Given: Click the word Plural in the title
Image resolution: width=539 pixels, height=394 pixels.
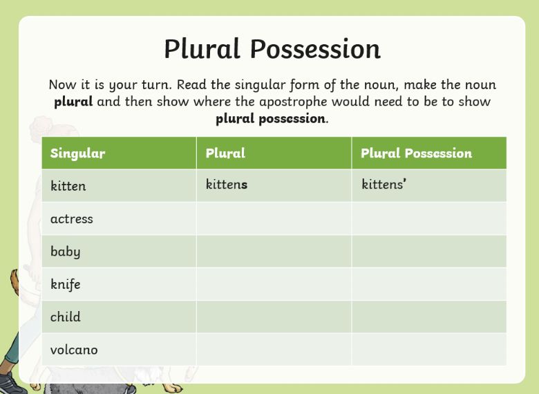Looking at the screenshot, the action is (202, 48).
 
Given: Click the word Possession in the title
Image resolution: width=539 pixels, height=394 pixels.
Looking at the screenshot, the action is (315, 48).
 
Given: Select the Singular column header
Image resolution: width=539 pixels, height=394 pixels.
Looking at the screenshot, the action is (77, 153).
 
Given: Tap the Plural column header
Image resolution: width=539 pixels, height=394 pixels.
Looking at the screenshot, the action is (225, 153).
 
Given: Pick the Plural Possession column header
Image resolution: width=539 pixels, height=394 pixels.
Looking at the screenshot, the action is (416, 153).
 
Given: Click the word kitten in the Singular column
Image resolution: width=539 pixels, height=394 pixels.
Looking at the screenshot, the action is (68, 186).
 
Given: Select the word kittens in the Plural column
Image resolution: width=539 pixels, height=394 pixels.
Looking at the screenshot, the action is (227, 184).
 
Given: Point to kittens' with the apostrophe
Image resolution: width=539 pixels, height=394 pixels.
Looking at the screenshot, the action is (384, 184).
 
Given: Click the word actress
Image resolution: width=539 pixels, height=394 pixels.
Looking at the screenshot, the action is (71, 218).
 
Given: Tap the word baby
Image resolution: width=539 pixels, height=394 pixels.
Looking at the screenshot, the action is (66, 252).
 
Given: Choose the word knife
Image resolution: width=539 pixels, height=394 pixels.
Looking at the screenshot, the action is (66, 284).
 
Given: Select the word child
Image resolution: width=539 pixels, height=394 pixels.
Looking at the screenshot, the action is (66, 317).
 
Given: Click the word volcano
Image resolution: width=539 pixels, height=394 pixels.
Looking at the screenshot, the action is (74, 350).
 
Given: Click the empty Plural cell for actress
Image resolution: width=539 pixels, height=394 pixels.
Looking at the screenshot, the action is (274, 218).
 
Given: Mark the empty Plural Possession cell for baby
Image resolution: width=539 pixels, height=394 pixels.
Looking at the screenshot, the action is (429, 252).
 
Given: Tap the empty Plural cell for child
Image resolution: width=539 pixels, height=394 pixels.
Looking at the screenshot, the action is (274, 317).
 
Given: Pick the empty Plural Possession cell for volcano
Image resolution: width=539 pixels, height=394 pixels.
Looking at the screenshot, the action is (429, 349).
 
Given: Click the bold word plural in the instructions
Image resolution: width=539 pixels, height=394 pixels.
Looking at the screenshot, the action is (73, 102).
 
